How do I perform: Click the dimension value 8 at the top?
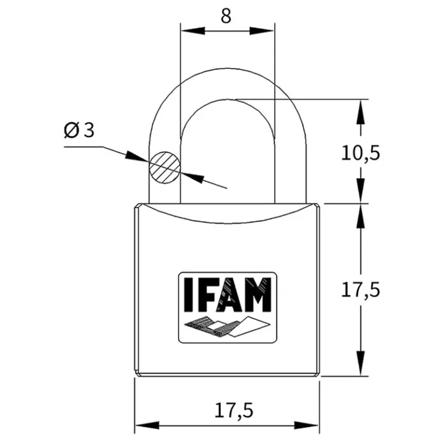(x=226, y=16)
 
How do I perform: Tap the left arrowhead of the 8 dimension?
(x=193, y=31)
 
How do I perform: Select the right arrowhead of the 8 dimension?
(x=262, y=31)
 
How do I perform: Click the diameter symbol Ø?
(x=71, y=130)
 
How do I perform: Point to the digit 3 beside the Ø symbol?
(x=89, y=130)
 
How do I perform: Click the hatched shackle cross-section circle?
(x=165, y=167)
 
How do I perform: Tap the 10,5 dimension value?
(x=360, y=153)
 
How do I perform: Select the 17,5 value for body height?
(x=360, y=290)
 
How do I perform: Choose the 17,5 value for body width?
(x=234, y=410)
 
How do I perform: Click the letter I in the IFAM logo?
(x=189, y=295)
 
